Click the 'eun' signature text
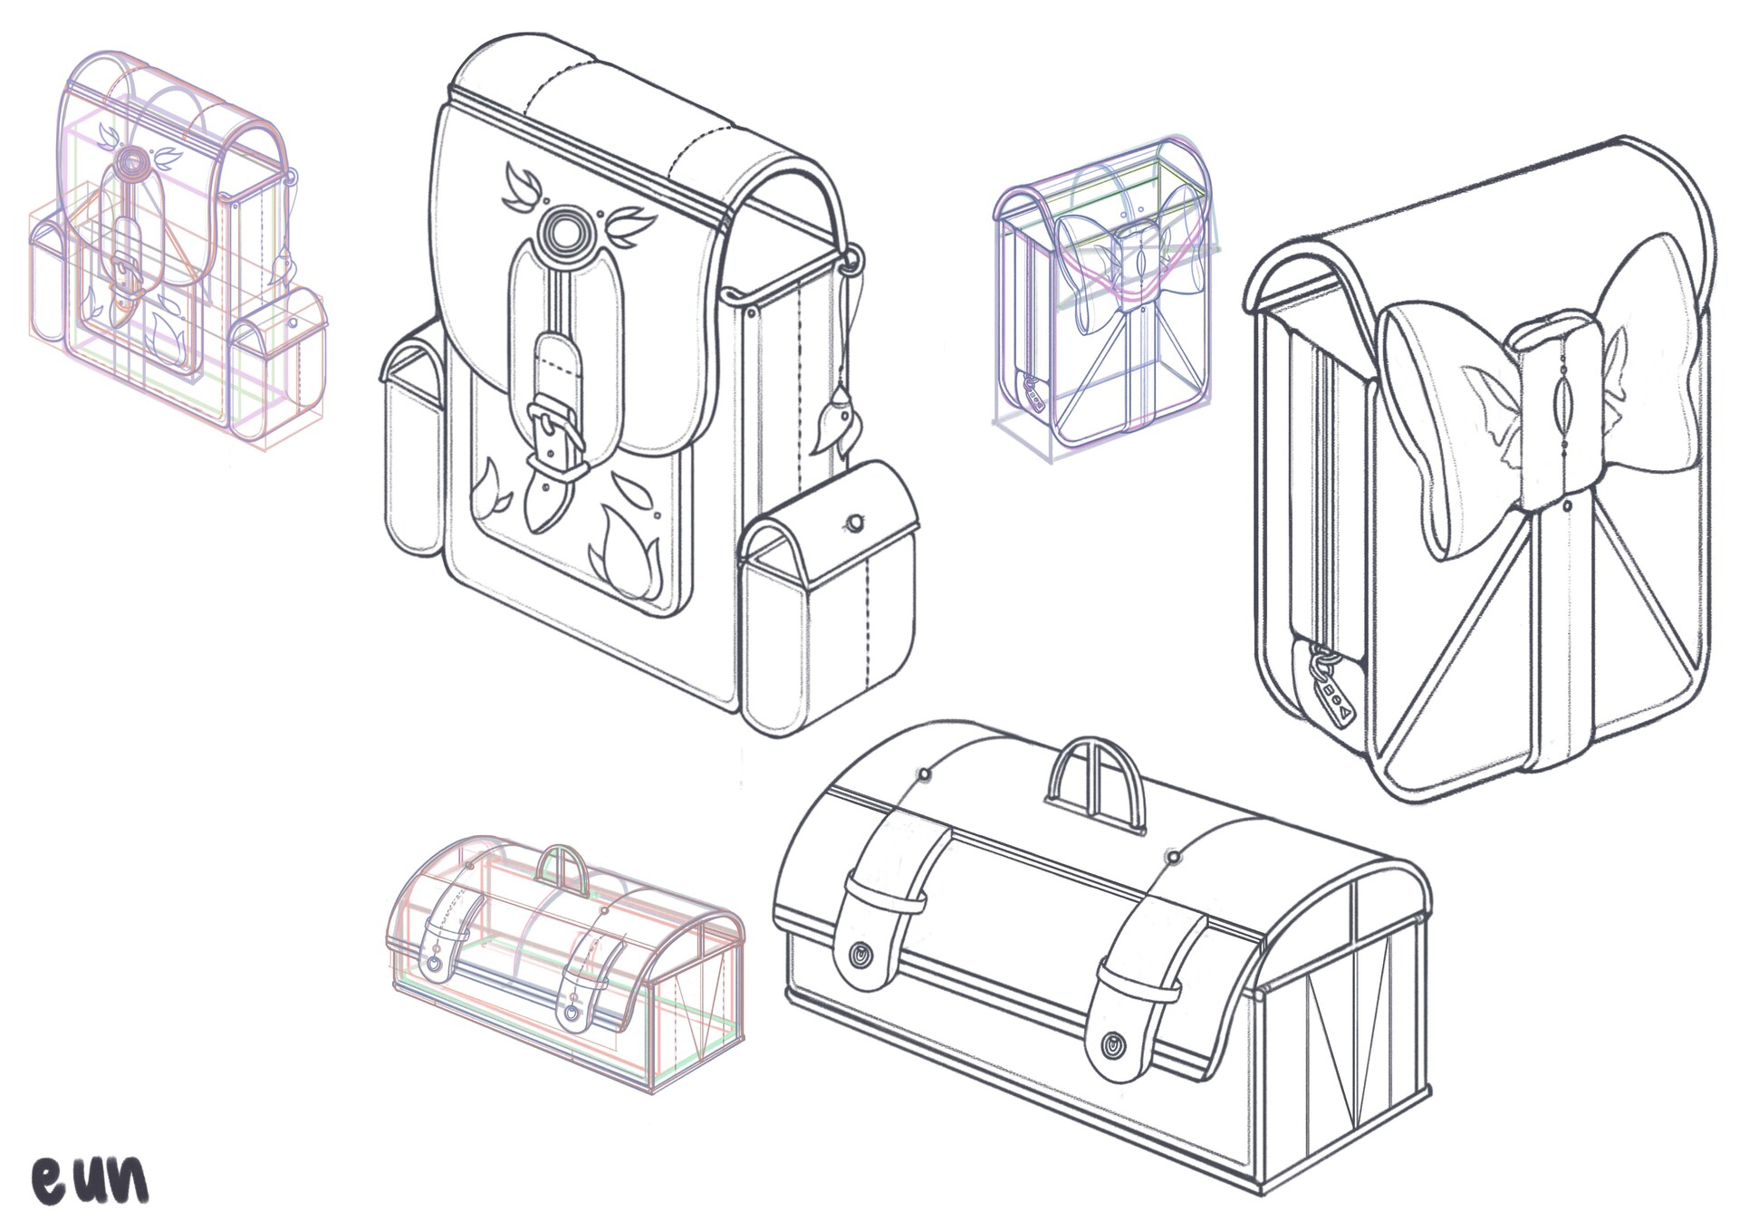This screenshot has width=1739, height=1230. tap(91, 1178)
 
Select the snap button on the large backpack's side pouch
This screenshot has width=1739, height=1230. tap(853, 524)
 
